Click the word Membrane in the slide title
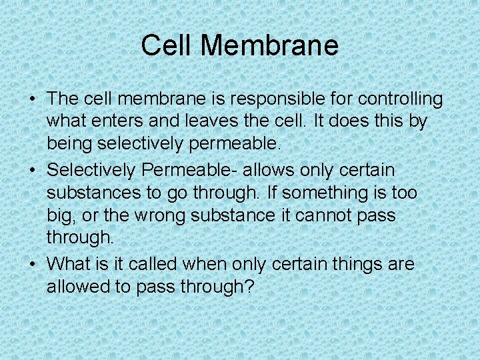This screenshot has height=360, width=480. (269, 46)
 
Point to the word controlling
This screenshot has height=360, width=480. (400, 99)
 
